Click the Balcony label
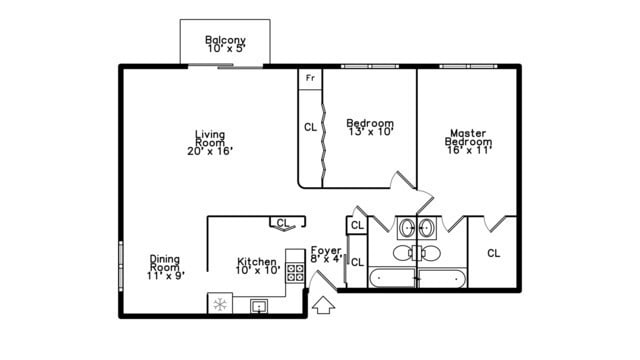[225, 40]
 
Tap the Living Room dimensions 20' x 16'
[210, 151]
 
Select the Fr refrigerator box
[310, 77]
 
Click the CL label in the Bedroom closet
[310, 127]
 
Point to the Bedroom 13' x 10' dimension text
[370, 131]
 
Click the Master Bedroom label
[468, 137]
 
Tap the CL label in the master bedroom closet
[493, 253]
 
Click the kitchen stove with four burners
[295, 270]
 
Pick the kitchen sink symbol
[259, 306]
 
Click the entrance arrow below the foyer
[323, 304]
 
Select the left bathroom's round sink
[406, 228]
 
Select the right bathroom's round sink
[428, 228]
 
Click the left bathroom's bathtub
[392, 277]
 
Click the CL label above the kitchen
[282, 223]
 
